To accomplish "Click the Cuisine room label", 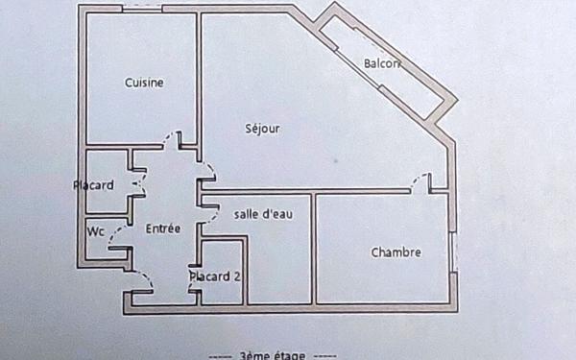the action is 144,83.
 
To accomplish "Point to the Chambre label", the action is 396,252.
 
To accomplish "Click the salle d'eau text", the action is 263,214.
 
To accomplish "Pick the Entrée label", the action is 162,229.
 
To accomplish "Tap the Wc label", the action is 95,231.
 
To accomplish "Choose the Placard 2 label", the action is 214,276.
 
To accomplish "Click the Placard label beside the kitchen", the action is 94,184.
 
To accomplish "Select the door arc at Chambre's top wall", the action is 419,180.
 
